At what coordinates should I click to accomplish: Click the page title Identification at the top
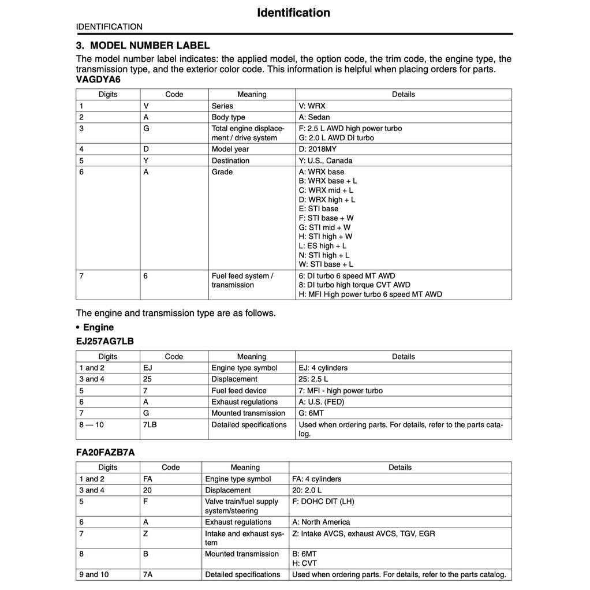click(x=293, y=13)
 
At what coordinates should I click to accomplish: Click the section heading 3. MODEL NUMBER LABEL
click(x=143, y=46)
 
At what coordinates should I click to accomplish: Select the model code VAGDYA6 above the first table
click(x=99, y=80)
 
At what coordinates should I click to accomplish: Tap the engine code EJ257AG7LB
click(x=104, y=341)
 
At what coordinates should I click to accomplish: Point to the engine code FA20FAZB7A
click(x=105, y=452)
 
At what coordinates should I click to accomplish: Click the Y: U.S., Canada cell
click(x=325, y=160)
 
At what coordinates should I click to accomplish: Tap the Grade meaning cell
click(x=222, y=172)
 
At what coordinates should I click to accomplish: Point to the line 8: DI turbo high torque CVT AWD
click(x=354, y=285)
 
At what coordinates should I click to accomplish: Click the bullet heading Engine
click(x=98, y=327)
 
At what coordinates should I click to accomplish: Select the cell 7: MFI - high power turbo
click(x=341, y=391)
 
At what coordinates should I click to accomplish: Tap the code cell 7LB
click(x=150, y=425)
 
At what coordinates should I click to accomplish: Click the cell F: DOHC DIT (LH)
click(x=323, y=502)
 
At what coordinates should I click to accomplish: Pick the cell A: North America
click(x=321, y=522)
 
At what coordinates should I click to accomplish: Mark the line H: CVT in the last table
click(x=304, y=563)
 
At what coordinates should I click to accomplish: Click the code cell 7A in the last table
click(x=148, y=574)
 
